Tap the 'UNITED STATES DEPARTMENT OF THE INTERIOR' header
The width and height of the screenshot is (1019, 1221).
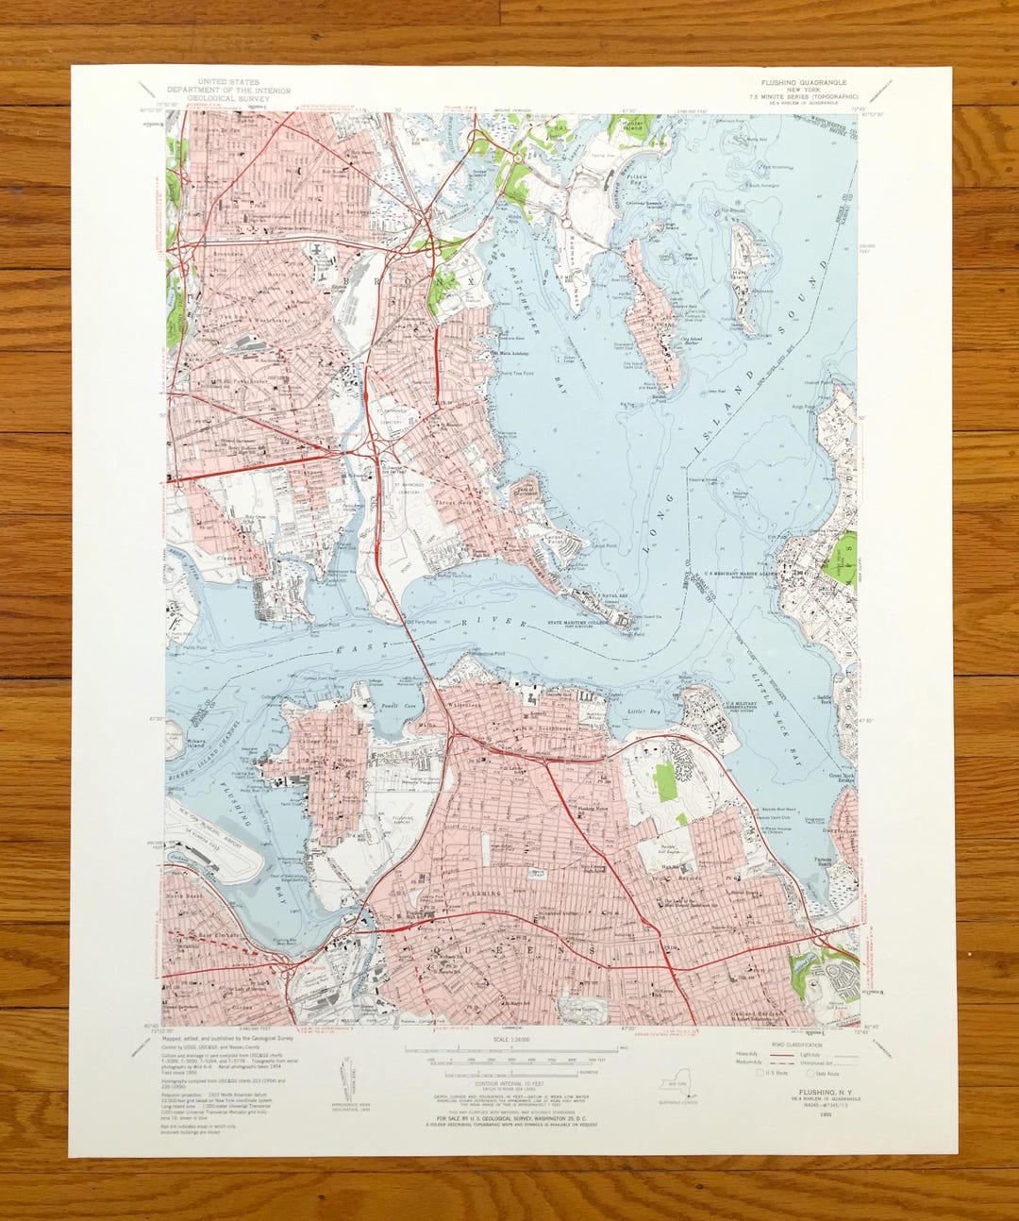coord(240,87)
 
